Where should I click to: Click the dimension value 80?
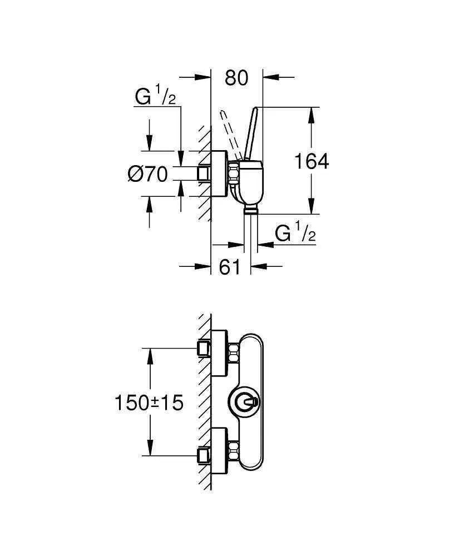236,78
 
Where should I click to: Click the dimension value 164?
312,161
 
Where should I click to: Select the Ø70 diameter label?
147,174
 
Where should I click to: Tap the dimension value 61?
230,267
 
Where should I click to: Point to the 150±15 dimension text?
149,402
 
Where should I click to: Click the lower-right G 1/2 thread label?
295,234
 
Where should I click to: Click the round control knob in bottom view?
243,401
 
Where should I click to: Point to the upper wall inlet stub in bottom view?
203,349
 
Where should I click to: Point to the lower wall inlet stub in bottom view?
203,456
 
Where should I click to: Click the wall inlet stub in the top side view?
203,174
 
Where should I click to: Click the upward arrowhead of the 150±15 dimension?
150,356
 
